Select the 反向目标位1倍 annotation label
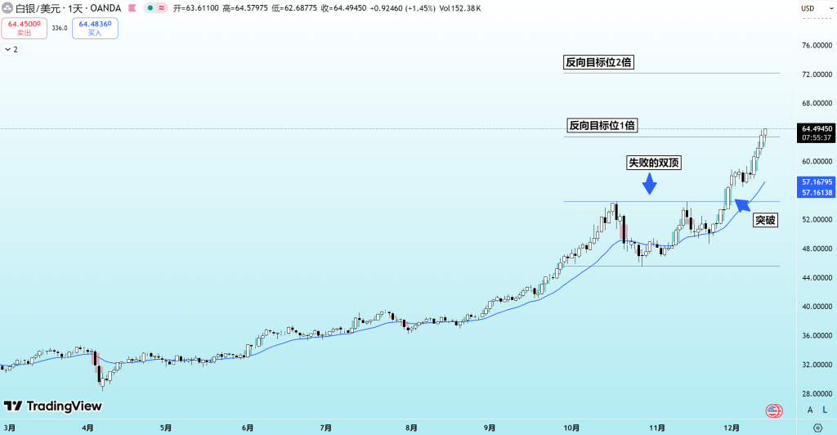(602, 125)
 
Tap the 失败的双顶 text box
(654, 163)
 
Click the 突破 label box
(765, 220)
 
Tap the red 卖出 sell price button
(25, 28)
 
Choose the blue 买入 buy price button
(95, 28)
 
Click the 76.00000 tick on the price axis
(817, 45)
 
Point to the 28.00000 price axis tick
(817, 393)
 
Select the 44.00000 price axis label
(817, 278)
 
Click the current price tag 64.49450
(817, 128)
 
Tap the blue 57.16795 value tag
(817, 182)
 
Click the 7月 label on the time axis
(325, 428)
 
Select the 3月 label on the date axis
(11, 428)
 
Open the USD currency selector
(808, 8)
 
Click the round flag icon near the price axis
(773, 410)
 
